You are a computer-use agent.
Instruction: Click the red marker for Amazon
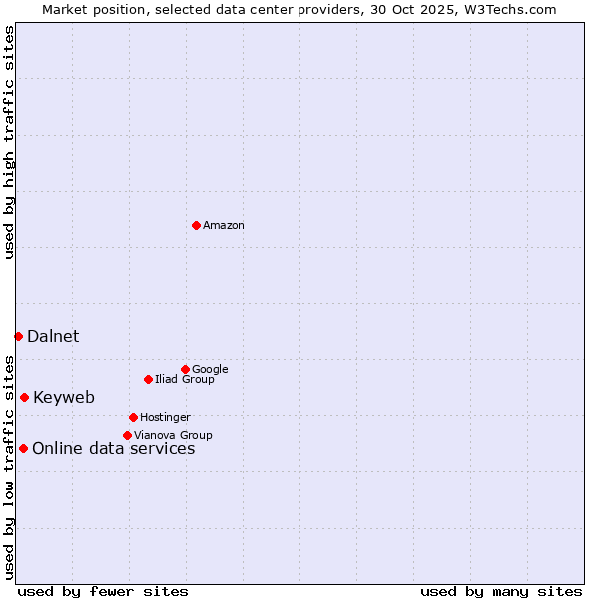pyautogui.click(x=196, y=225)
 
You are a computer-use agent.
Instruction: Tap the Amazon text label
pyautogui.click(x=224, y=226)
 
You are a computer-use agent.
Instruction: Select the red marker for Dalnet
pyautogui.click(x=18, y=336)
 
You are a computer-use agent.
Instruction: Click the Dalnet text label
pyautogui.click(x=53, y=337)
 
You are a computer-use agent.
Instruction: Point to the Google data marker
pyautogui.click(x=185, y=369)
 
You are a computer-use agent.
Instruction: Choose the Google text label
pyautogui.click(x=210, y=370)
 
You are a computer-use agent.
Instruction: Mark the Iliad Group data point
pyautogui.click(x=148, y=379)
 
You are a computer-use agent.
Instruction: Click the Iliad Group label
pyautogui.click(x=185, y=380)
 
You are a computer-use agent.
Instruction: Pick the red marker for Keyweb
pyautogui.click(x=24, y=397)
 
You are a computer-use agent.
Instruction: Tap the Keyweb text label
pyautogui.click(x=64, y=398)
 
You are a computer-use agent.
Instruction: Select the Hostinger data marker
pyautogui.click(x=133, y=417)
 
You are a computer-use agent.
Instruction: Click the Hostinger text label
pyautogui.click(x=165, y=418)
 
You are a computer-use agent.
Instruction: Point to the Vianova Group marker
pyautogui.click(x=127, y=435)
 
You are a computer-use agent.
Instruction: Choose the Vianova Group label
pyautogui.click(x=173, y=436)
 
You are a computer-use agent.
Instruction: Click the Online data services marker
pyautogui.click(x=23, y=448)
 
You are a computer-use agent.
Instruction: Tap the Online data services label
pyautogui.click(x=114, y=449)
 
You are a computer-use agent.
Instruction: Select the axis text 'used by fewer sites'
pyautogui.click(x=103, y=591)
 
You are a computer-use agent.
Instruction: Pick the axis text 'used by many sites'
pyautogui.click(x=501, y=591)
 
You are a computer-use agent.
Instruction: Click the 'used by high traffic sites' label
pyautogui.click(x=9, y=142)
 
